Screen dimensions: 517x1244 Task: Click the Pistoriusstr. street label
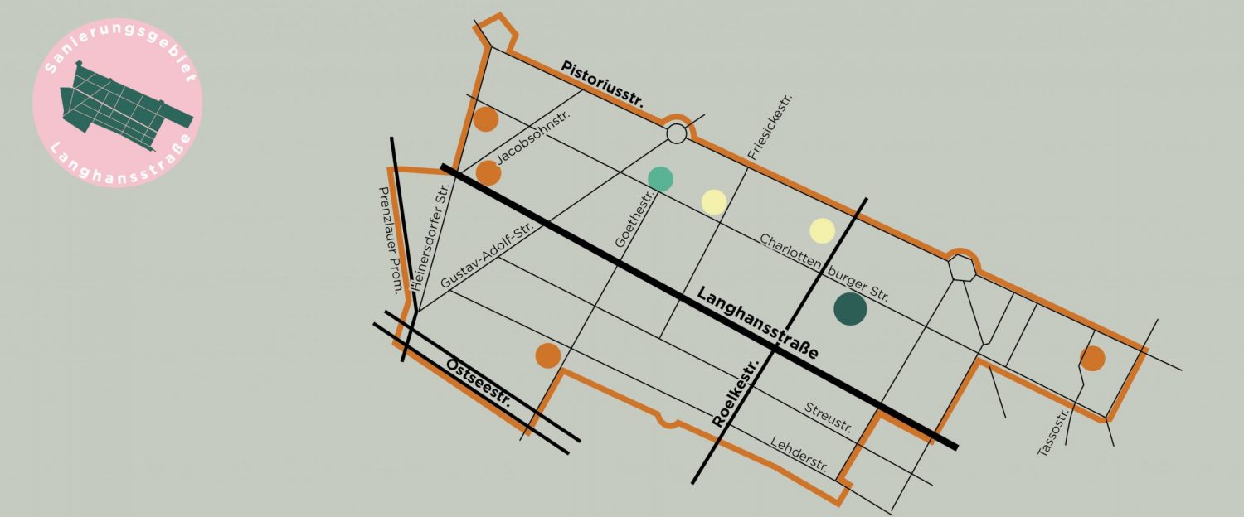pyautogui.click(x=603, y=84)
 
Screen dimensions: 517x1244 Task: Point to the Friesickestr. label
pyautogui.click(x=770, y=127)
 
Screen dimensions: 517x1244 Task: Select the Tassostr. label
pyautogui.click(x=1056, y=431)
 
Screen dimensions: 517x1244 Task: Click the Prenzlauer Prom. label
pyautogui.click(x=390, y=241)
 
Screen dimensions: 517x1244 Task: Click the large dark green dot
pyautogui.click(x=850, y=309)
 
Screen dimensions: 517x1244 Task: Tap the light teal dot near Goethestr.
pyautogui.click(x=660, y=178)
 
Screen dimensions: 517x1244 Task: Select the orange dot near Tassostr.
pyautogui.click(x=1092, y=358)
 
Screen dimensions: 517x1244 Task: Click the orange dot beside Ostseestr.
pyautogui.click(x=547, y=355)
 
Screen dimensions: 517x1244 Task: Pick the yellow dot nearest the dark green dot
pyautogui.click(x=822, y=230)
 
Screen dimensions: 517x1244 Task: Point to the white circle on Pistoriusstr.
pyautogui.click(x=677, y=133)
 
